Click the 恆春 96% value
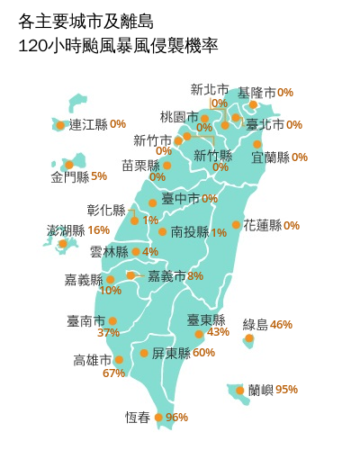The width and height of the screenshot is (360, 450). coord(176,418)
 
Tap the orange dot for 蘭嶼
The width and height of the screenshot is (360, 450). coord(239,391)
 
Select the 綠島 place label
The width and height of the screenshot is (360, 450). coord(256,324)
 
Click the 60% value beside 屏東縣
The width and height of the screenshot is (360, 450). coord(203,353)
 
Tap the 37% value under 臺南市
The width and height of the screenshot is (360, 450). coord(108,333)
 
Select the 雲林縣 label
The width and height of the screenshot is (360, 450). coord(109,252)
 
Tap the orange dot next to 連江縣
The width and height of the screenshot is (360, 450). coord(60,125)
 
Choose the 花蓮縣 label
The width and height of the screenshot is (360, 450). coord(262,225)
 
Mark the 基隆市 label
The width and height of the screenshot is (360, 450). coord(256,93)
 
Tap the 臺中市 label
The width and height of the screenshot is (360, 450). coord(180,199)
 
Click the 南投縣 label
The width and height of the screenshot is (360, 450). coord(189,232)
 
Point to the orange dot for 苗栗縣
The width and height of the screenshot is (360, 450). coord(166,165)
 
